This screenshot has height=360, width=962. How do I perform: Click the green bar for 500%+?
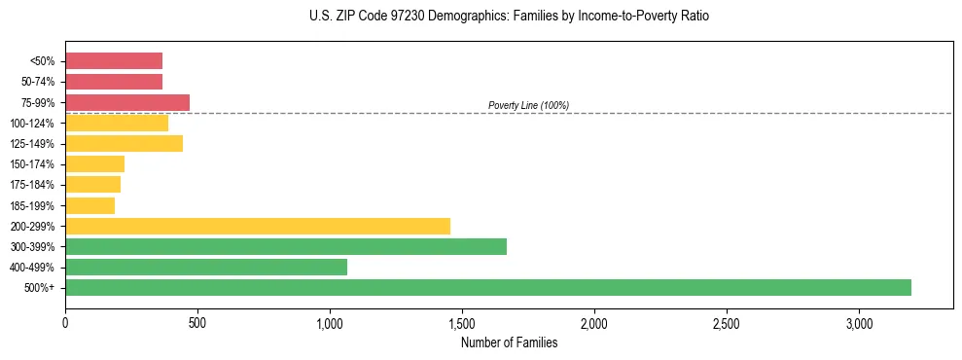(x=488, y=287)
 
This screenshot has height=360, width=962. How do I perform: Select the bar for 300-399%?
(x=286, y=246)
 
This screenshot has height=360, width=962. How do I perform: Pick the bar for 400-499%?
(x=206, y=267)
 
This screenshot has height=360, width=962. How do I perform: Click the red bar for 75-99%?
(x=127, y=102)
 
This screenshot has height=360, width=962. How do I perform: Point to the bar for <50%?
(x=114, y=60)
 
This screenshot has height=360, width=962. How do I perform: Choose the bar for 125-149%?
(x=124, y=143)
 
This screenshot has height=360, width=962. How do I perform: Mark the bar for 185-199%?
(x=89, y=205)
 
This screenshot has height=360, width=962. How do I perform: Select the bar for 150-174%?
(x=94, y=164)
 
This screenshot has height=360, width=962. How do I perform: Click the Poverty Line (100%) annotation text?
(x=528, y=105)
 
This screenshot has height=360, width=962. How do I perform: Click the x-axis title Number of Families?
(x=509, y=342)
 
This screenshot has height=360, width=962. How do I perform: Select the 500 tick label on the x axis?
(x=197, y=323)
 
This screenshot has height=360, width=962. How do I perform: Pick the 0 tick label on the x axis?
(x=65, y=323)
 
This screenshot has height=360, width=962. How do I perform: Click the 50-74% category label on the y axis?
(x=37, y=82)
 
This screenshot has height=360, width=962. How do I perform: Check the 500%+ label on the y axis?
(x=41, y=288)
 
